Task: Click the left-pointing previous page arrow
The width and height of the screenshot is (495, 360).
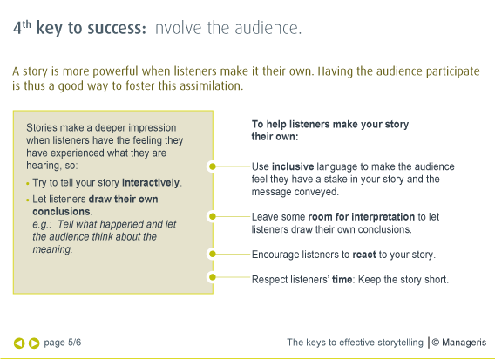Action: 19,343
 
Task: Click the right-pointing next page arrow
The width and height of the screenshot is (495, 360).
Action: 34,343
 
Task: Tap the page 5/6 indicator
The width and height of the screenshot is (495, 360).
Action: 63,343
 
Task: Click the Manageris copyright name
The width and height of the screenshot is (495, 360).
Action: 464,343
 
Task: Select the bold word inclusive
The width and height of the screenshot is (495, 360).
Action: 293,166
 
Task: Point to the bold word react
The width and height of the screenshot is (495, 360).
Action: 364,255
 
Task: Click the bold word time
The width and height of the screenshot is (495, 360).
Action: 342,280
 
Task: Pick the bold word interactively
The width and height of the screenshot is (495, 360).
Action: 151,182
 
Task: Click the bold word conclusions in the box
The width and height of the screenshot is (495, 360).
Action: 61,211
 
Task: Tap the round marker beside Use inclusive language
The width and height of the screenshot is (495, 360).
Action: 213,166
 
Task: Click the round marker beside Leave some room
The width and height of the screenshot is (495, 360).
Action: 213,216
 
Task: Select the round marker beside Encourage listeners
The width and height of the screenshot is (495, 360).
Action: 213,254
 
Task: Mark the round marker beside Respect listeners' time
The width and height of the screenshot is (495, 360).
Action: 213,277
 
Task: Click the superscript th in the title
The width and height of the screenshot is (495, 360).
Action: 26,24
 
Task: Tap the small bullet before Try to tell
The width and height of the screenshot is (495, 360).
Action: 28,183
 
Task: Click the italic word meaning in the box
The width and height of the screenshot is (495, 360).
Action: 52,249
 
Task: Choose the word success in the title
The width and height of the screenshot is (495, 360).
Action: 117,28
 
